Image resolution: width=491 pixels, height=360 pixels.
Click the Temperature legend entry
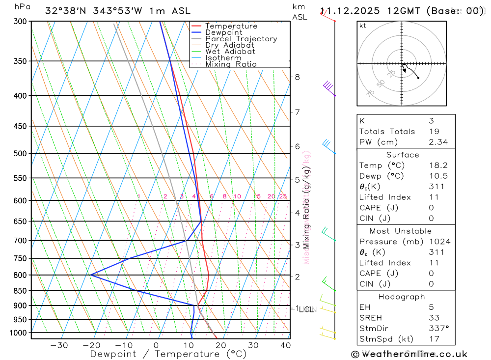pyautogui.click(x=231, y=26)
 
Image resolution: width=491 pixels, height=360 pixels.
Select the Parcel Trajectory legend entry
pyautogui.click(x=241, y=39)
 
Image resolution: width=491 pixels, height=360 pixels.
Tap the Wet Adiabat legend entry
pyautogui.click(x=230, y=52)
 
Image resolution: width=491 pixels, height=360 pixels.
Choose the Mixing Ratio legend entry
pyautogui.click(x=231, y=64)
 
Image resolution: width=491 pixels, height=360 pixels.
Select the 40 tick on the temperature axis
pyautogui.click(x=285, y=345)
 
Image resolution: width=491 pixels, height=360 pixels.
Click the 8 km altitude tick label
pyautogui.click(x=297, y=77)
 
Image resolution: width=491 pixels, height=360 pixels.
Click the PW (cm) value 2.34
pyautogui.click(x=438, y=142)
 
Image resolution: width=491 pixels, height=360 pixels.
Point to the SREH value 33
pyautogui.click(x=434, y=318)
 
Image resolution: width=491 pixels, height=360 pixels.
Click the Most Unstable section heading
pyautogui.click(x=401, y=231)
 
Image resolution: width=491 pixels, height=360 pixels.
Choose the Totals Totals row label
pyautogui.click(x=387, y=132)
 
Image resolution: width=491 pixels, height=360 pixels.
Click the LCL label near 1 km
pyautogui.click(x=306, y=309)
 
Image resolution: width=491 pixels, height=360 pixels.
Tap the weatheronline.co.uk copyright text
pyautogui.click(x=409, y=354)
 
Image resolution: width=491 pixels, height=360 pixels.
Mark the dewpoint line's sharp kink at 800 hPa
pyautogui.click(x=91, y=275)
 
